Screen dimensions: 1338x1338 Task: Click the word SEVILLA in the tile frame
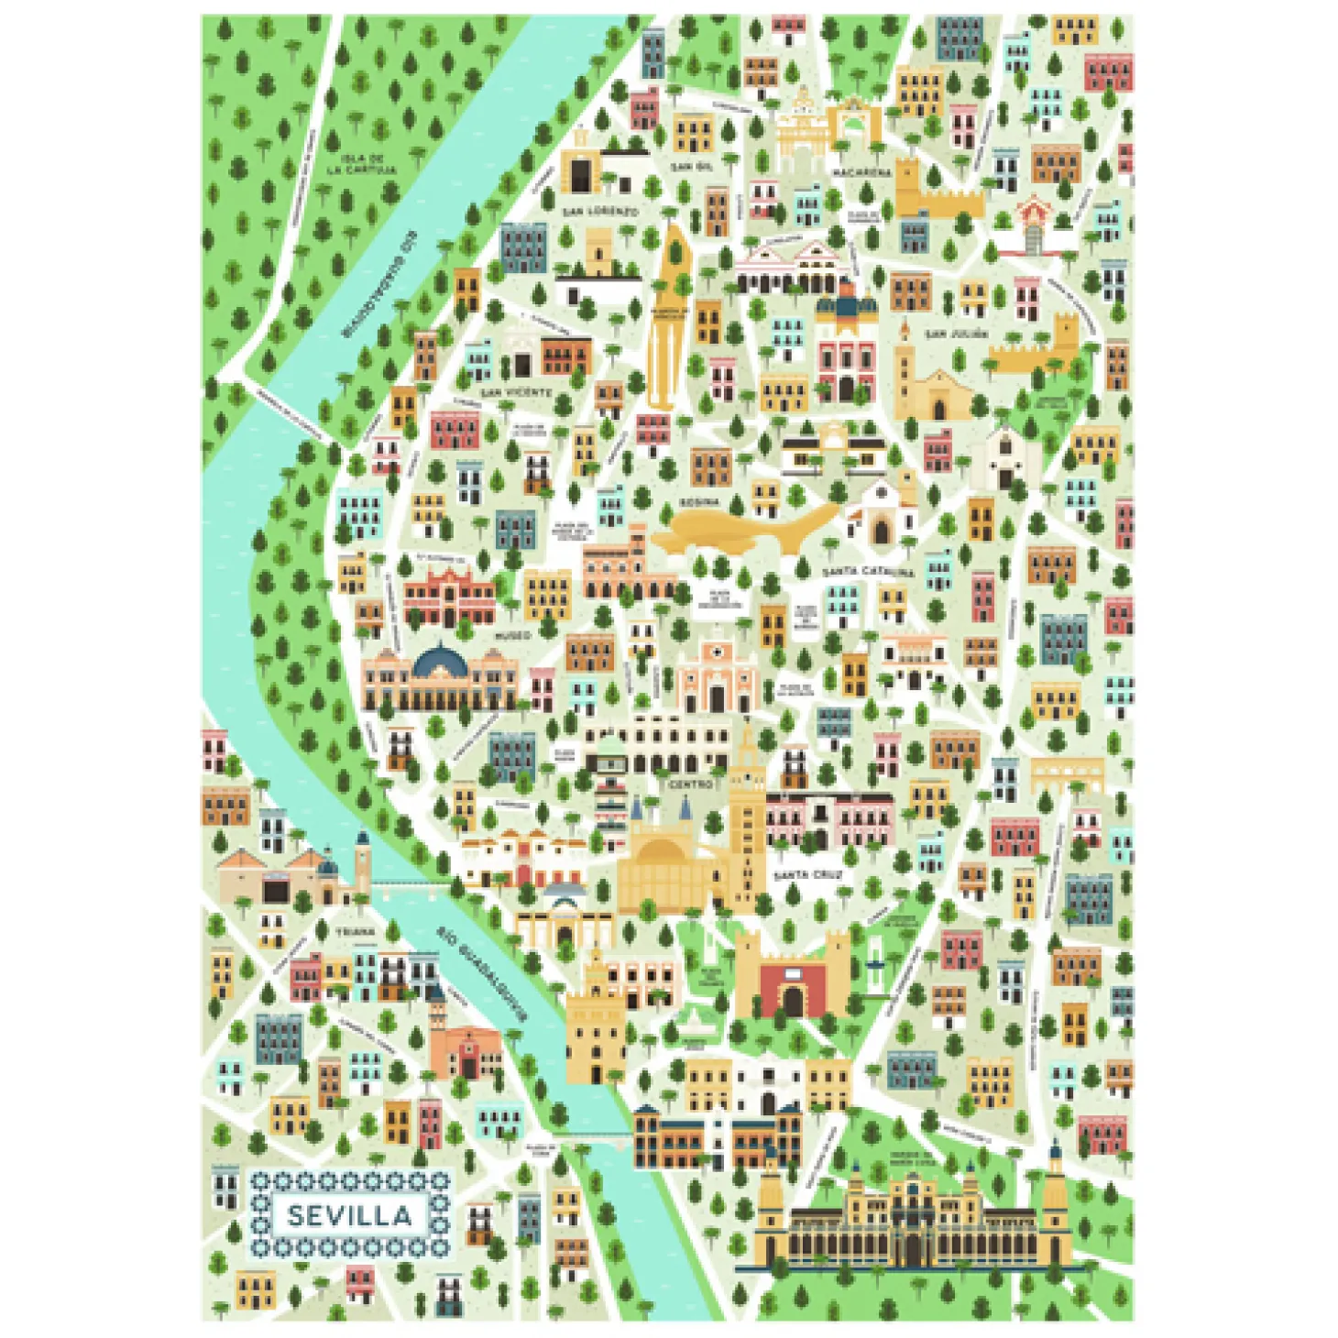coord(349,1215)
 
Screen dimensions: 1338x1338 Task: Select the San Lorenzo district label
coord(600,212)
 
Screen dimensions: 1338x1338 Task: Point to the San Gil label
coord(691,167)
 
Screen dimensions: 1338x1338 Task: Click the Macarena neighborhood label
coord(861,172)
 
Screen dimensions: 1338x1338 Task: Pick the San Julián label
coord(957,334)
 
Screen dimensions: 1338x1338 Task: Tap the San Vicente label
coord(518,392)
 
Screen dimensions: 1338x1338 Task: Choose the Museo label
coord(513,634)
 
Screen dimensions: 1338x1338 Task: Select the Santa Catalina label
coord(867,572)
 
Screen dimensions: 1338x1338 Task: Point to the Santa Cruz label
coord(807,875)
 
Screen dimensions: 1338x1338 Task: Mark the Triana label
coord(355,931)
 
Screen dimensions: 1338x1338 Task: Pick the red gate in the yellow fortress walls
coord(792,991)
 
